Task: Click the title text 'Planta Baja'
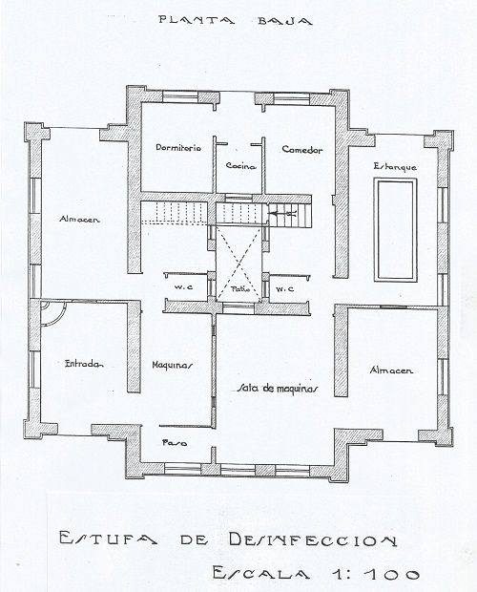236,20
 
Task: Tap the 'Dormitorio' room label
178,148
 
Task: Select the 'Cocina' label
241,166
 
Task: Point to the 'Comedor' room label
302,150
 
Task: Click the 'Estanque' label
395,166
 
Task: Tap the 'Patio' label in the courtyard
240,289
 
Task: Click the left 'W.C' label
183,287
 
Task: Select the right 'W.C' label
284,289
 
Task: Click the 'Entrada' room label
85,364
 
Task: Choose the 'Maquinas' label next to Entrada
173,365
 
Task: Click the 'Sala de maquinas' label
278,389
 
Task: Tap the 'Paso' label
175,442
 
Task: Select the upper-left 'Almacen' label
79,219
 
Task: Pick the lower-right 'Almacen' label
391,370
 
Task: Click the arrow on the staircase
283,214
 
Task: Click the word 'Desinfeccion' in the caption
313,539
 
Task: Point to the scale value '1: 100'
376,574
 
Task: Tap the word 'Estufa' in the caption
108,538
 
